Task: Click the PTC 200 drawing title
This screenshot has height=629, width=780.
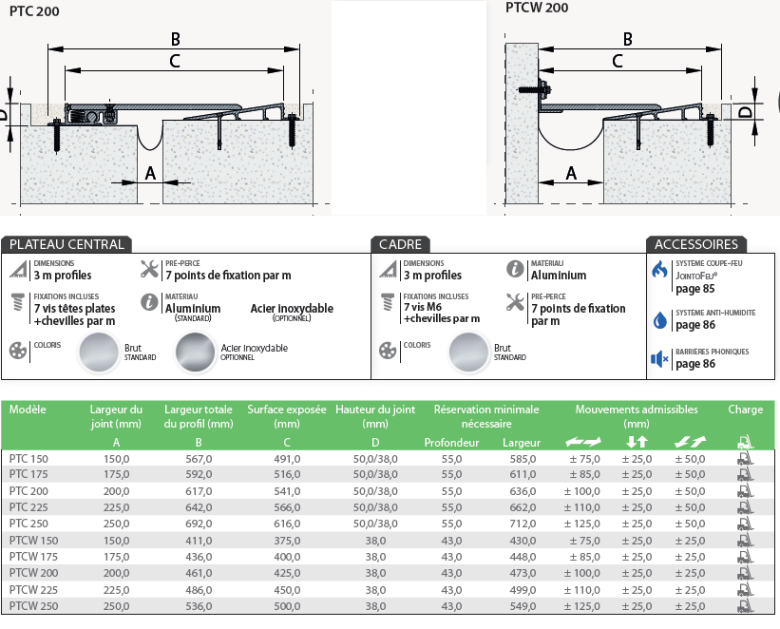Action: [x=34, y=11]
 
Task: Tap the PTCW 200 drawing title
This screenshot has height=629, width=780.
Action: [x=537, y=8]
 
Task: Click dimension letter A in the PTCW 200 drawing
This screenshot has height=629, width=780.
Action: [x=571, y=173]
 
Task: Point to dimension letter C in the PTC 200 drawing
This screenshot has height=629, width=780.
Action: [x=175, y=61]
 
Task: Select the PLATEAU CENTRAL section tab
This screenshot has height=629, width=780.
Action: [x=67, y=244]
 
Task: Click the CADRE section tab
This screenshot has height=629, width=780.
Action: [x=400, y=244]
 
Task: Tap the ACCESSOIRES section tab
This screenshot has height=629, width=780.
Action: [x=696, y=244]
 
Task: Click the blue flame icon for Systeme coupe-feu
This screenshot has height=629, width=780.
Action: [x=659, y=270]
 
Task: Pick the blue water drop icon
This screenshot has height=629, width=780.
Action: [x=659, y=320]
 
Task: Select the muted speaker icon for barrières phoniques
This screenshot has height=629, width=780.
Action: [x=659, y=359]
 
